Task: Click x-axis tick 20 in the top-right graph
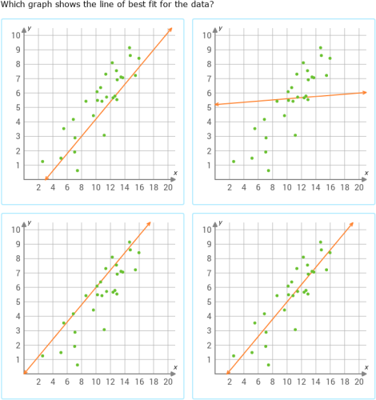[358, 188]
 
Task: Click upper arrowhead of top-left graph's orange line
[170, 29]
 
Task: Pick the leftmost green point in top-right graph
[233, 162]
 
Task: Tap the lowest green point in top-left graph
[77, 170]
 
